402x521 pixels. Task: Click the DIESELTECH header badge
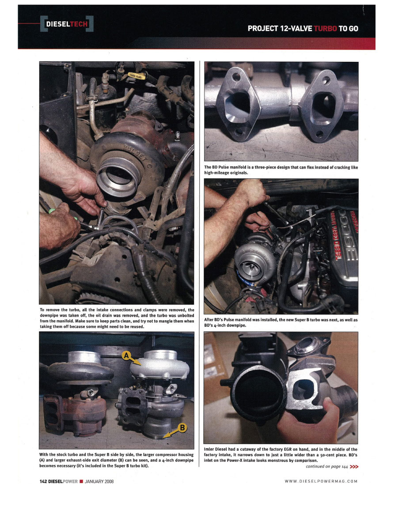(x=67, y=24)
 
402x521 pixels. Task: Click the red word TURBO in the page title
(x=325, y=29)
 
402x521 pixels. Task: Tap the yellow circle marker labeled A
(x=126, y=355)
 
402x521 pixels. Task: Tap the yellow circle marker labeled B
(x=182, y=428)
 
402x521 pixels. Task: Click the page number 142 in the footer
(x=43, y=481)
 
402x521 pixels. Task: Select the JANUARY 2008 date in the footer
(x=99, y=481)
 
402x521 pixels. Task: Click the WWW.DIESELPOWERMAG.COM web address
(x=321, y=481)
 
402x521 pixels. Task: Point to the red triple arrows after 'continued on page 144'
(x=354, y=467)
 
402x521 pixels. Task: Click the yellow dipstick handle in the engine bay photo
(x=137, y=76)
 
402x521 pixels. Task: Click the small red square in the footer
(x=81, y=481)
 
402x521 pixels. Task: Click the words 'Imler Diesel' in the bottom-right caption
(x=216, y=449)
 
